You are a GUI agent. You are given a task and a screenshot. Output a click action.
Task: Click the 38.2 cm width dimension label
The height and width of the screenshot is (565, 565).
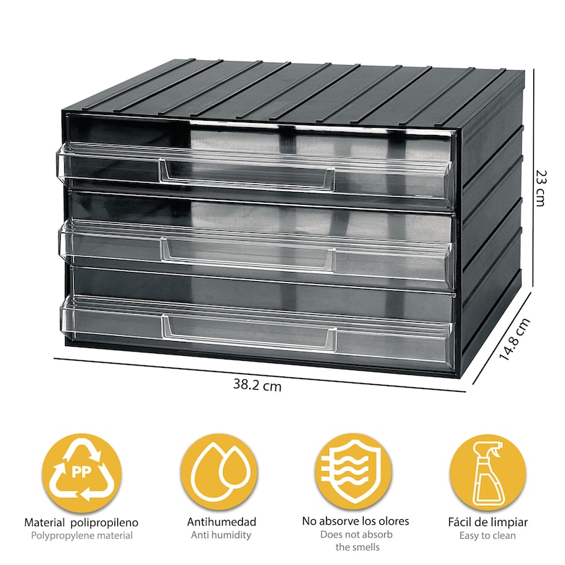(x=257, y=385)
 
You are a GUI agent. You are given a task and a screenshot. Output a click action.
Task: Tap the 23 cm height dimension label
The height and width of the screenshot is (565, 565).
(x=540, y=188)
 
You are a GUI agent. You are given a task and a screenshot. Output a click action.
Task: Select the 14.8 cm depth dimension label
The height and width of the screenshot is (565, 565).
(x=514, y=339)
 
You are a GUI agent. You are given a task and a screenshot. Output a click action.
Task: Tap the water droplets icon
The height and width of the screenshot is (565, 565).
(x=219, y=472)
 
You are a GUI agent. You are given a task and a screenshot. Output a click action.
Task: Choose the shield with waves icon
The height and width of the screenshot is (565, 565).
(x=353, y=472)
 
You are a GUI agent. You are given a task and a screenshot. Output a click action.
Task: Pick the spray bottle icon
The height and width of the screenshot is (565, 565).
(x=487, y=472)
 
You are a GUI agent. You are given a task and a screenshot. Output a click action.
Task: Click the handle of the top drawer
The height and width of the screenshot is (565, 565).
(x=246, y=175)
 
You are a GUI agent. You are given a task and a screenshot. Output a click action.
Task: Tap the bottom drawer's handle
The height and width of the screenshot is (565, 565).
(x=249, y=333)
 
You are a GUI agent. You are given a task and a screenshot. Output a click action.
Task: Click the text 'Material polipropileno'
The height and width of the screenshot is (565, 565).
(x=81, y=523)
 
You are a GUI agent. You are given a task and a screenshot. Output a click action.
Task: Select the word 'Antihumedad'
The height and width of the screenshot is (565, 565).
(x=221, y=522)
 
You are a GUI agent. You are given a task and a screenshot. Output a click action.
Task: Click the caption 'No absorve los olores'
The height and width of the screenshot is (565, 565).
(x=356, y=521)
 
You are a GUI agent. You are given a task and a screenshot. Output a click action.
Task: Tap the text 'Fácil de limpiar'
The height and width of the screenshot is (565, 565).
(x=488, y=522)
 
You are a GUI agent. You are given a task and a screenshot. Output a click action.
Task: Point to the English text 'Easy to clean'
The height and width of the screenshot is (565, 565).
(x=487, y=536)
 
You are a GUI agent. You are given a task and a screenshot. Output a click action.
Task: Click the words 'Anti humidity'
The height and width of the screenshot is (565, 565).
(x=221, y=535)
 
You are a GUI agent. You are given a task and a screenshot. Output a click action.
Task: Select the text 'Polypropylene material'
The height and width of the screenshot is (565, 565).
(x=82, y=536)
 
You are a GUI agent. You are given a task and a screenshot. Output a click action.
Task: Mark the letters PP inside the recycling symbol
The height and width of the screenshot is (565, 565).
(x=81, y=472)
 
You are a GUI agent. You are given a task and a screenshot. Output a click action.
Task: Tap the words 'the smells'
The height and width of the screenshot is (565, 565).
(x=357, y=547)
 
